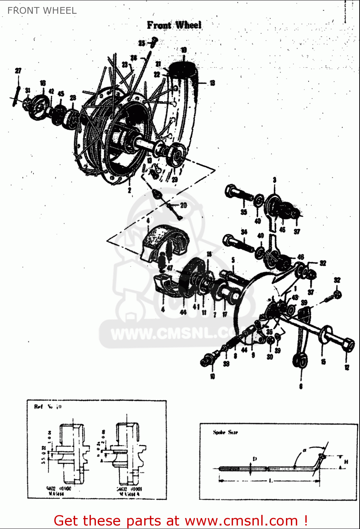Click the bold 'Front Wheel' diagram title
pos(174,25)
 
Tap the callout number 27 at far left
pos(18,71)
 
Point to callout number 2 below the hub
pos(129,190)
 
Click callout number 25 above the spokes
pos(141,43)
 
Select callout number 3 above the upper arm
pos(274,180)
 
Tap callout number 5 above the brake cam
pos(233,260)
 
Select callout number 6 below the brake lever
pos(301,386)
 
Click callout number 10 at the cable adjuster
pos(212,377)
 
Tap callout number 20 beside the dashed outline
pos(183,205)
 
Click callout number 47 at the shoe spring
pos(170,268)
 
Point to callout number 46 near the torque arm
pos(301,257)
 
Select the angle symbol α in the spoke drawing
pos(304,450)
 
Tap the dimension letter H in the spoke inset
pos(346,461)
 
